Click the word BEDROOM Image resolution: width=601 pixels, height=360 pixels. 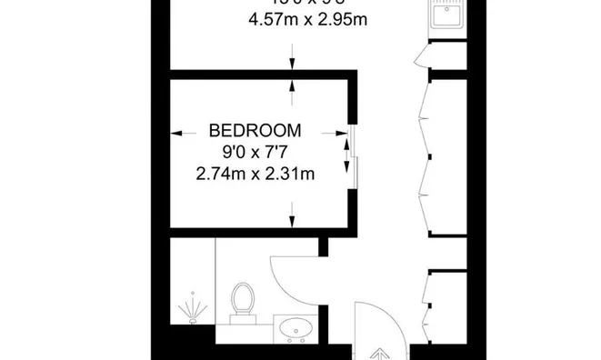[255, 130]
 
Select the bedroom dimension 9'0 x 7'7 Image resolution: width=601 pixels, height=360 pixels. [255, 152]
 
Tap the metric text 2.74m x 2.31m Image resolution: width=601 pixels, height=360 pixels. [255, 174]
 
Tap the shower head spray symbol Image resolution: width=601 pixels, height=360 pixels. [192, 309]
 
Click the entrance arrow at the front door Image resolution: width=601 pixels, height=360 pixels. [381, 354]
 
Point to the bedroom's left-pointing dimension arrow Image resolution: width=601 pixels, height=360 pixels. [181, 130]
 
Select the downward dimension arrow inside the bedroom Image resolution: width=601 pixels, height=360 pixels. [292, 219]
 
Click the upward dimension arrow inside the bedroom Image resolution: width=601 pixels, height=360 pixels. [292, 86]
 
